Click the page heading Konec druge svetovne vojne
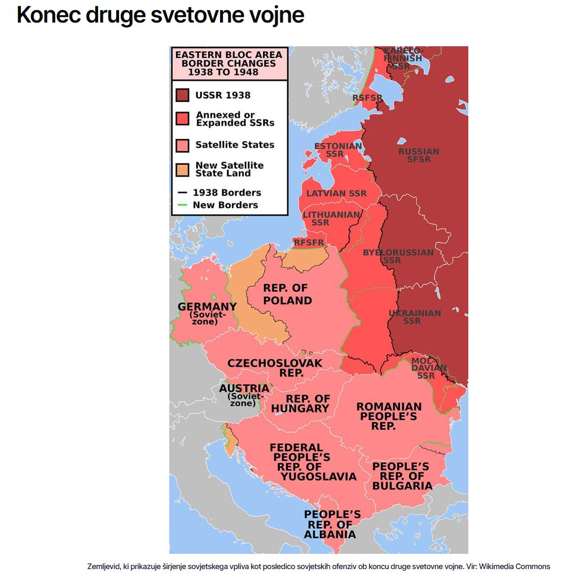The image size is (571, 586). click(160, 15)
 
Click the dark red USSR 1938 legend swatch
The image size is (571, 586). click(182, 95)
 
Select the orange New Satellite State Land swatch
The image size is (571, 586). click(182, 169)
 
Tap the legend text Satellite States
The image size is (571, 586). click(235, 145)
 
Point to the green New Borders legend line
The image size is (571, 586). click(182, 205)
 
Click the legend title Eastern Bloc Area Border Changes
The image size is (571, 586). click(229, 63)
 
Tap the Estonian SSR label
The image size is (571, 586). click(337, 150)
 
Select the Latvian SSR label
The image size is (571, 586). click(336, 193)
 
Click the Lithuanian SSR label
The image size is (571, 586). click(331, 219)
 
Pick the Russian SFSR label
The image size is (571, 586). click(419, 156)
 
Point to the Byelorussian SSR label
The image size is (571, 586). click(398, 257)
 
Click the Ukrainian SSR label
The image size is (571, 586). click(415, 317)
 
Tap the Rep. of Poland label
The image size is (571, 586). click(287, 294)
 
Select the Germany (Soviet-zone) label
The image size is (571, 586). click(207, 314)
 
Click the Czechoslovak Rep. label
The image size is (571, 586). click(275, 368)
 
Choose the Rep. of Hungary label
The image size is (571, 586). click(300, 404)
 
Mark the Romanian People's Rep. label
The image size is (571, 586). click(389, 416)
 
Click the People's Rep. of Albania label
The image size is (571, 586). click(332, 525)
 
